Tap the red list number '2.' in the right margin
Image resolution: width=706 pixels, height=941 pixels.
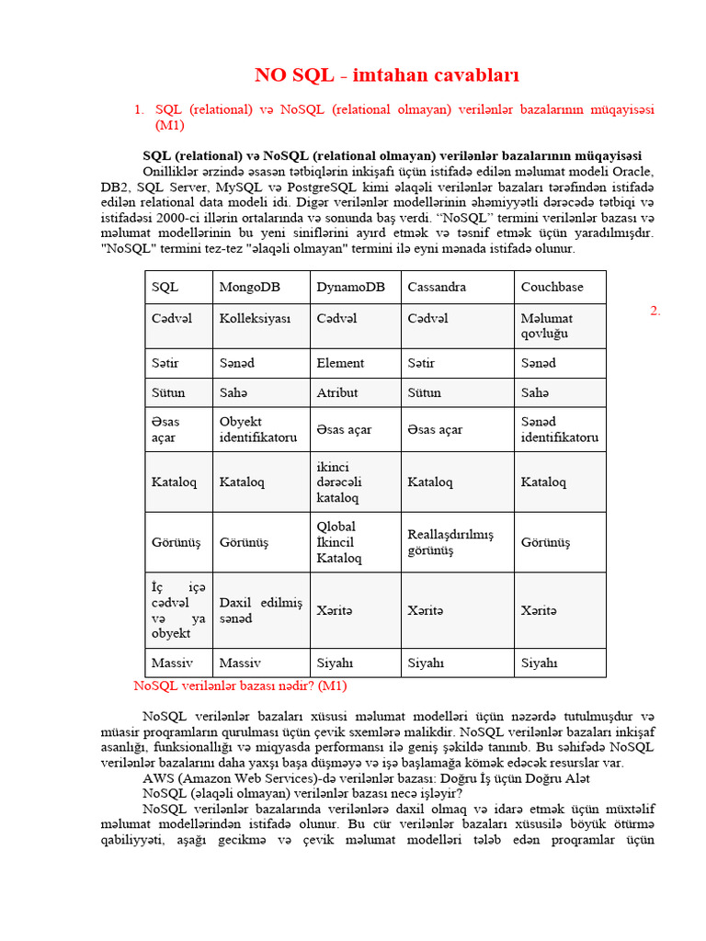[x=655, y=311]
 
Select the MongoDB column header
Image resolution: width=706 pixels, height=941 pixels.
[x=249, y=287]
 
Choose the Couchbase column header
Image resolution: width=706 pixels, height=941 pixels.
[x=552, y=287]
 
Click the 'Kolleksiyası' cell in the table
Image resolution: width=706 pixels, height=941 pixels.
[x=255, y=318]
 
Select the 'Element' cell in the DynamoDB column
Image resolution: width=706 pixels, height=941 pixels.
[x=340, y=363]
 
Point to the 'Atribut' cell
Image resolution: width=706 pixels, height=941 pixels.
[x=337, y=392]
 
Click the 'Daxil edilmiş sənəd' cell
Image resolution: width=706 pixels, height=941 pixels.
[x=260, y=610]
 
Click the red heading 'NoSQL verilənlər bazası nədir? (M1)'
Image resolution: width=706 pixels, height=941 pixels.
[x=240, y=686]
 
